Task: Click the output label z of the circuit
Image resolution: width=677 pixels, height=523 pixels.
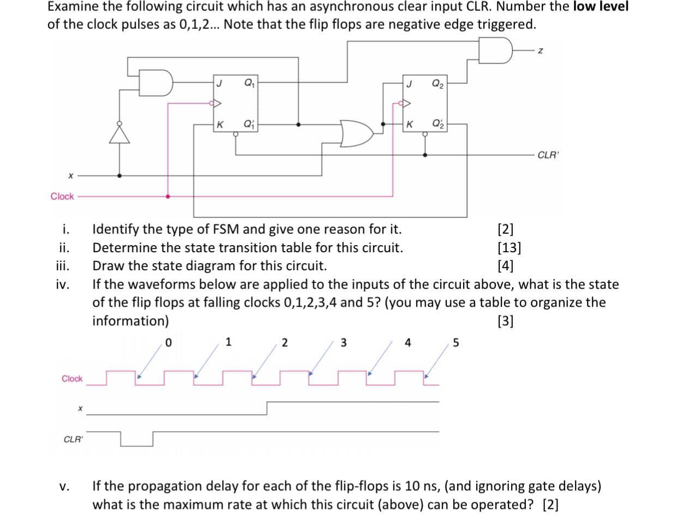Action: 540,51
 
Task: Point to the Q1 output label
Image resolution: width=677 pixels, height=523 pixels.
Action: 249,83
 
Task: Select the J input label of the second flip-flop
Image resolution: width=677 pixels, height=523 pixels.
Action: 409,83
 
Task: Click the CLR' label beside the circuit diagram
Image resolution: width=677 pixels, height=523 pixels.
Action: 548,155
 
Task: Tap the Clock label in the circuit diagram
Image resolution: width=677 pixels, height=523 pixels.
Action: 62,196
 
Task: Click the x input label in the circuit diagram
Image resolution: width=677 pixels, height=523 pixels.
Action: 71,175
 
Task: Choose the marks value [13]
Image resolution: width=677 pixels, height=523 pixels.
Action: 510,248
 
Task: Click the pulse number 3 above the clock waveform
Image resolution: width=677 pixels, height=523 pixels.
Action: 343,343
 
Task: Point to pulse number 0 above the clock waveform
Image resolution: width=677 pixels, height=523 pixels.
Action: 169,343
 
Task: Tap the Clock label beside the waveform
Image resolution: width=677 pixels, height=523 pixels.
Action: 72,379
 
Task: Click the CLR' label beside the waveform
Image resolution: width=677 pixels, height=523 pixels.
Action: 73,439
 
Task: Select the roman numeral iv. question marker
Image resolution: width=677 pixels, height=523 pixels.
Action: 63,284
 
